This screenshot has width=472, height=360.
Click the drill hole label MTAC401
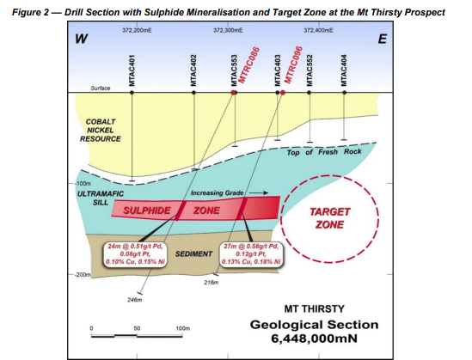[x=132, y=70]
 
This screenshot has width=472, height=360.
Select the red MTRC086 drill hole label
[x=248, y=64]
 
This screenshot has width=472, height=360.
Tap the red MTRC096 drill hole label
[x=293, y=64]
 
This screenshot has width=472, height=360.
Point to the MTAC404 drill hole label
[x=344, y=70]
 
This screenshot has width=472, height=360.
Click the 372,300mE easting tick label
[x=228, y=30]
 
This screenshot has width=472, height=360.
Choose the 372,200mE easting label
[x=137, y=30]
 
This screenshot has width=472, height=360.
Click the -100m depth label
[x=83, y=183]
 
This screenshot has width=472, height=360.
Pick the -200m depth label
[x=83, y=275]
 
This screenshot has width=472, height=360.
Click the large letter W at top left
[x=82, y=39]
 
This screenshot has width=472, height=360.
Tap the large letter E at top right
[x=383, y=40]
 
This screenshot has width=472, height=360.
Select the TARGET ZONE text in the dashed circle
[x=330, y=218]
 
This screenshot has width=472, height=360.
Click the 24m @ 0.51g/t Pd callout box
[x=135, y=254]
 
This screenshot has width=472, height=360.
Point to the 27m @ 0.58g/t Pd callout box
[x=251, y=254]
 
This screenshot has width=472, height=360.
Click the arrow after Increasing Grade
[x=259, y=192]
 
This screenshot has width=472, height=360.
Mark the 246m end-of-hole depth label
[x=135, y=300]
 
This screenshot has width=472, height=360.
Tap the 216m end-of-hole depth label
[x=211, y=283]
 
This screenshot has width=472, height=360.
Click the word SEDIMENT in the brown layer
[x=193, y=254]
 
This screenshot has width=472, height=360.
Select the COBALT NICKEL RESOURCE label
[x=101, y=131]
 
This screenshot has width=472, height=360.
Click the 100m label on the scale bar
[x=183, y=328]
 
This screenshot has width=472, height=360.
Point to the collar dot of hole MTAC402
[x=193, y=93]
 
